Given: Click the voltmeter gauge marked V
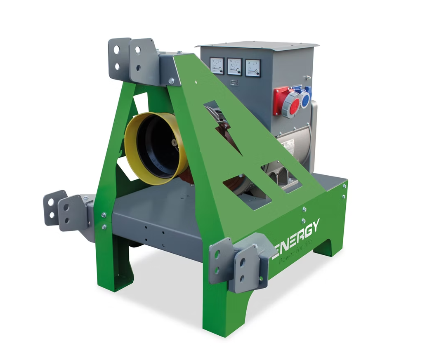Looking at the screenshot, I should (x=217, y=66).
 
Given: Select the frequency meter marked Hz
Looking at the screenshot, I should (x=235, y=66).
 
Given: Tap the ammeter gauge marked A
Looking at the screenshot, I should (x=253, y=68).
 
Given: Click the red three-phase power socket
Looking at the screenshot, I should (x=286, y=101).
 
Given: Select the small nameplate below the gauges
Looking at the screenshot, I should (x=234, y=83).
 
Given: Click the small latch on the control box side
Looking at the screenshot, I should (x=307, y=77).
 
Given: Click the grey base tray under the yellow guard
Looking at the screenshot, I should (x=157, y=219).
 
